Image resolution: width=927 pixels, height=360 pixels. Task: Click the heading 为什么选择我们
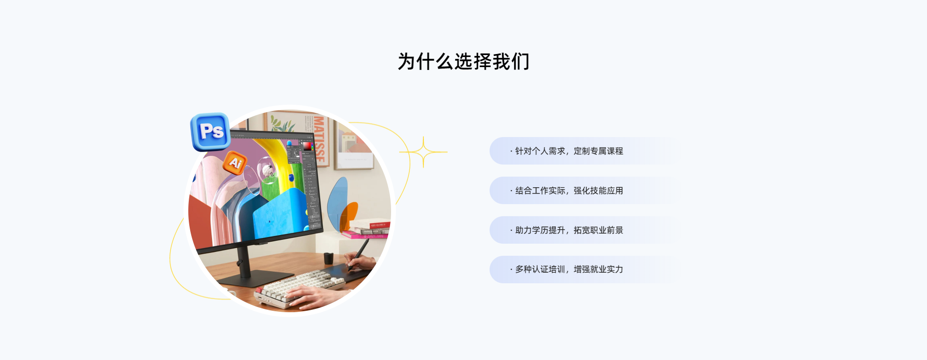coord(463,61)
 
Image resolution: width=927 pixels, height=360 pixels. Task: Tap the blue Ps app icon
coord(211,131)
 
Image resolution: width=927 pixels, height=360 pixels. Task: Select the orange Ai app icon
coord(235,163)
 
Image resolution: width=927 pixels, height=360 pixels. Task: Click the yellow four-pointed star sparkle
coord(423,152)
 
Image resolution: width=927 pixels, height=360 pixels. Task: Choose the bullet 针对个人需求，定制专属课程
coord(566,151)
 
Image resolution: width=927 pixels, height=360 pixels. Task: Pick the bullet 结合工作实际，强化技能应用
coord(566,191)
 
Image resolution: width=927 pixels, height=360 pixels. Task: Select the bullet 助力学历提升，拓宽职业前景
coord(566,230)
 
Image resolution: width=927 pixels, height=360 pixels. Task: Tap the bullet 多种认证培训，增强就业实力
coord(566,269)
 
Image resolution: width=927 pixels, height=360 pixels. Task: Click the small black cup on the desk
coord(328,258)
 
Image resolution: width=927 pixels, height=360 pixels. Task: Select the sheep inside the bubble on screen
coord(267,170)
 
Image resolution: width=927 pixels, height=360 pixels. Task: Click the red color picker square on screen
coord(307,146)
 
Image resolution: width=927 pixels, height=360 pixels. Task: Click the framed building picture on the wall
coord(354,145)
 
